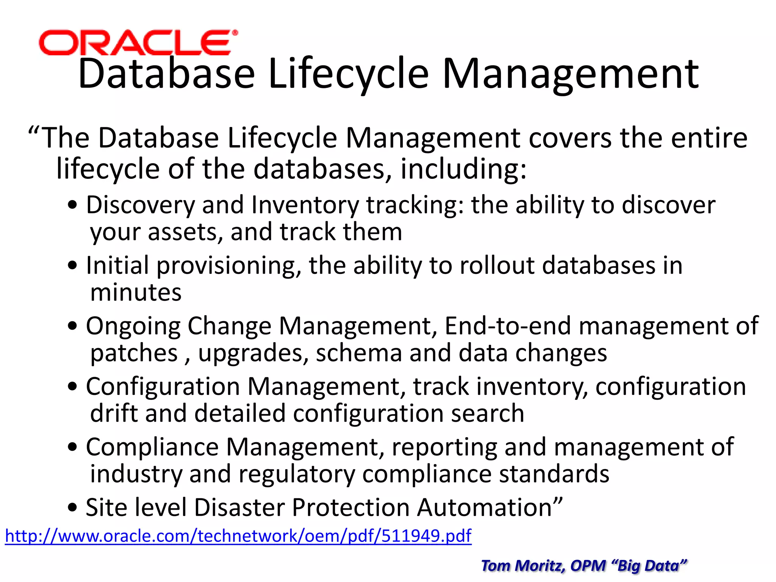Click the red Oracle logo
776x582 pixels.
(x=138, y=42)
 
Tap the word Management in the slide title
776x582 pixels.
(x=570, y=74)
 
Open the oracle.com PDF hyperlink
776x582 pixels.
(x=238, y=536)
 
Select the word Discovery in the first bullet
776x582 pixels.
(x=140, y=205)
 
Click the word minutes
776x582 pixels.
(x=136, y=293)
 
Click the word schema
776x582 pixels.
(x=359, y=353)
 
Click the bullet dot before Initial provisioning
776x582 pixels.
(x=72, y=266)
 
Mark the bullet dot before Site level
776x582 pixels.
(x=72, y=508)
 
